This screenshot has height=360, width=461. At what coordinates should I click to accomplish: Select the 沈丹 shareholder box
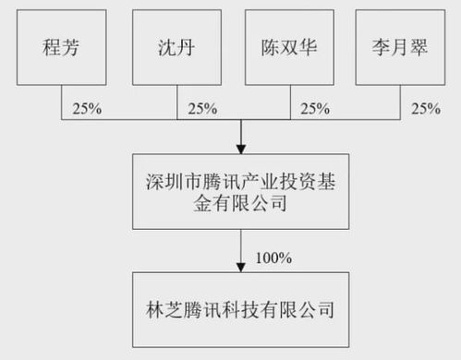(x=176, y=47)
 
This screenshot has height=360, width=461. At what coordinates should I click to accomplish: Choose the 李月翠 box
(x=402, y=47)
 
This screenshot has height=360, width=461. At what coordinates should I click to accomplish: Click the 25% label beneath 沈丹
(x=202, y=108)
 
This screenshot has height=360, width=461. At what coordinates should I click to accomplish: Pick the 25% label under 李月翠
(x=425, y=108)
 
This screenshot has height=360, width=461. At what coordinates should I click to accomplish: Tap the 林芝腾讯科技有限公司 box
(x=240, y=308)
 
